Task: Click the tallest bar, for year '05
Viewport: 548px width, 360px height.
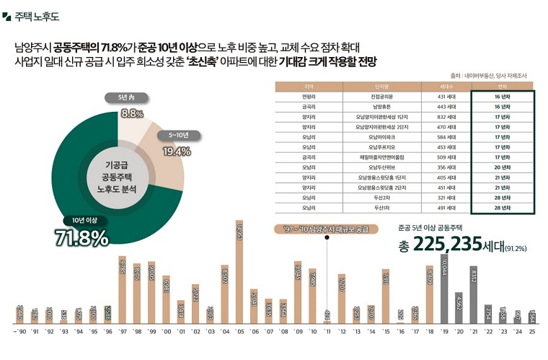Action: point(239,274)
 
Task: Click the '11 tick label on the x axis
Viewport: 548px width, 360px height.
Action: point(327,333)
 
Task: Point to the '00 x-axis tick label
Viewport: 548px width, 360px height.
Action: point(166,333)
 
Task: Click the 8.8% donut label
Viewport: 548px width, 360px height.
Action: point(132,113)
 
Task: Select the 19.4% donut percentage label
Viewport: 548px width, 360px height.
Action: point(177,151)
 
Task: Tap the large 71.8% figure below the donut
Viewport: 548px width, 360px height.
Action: point(81,237)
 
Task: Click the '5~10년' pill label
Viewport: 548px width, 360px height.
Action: point(178,134)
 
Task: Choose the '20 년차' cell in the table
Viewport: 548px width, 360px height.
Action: point(503,167)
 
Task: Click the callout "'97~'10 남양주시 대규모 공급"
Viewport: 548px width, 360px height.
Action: point(327,229)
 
